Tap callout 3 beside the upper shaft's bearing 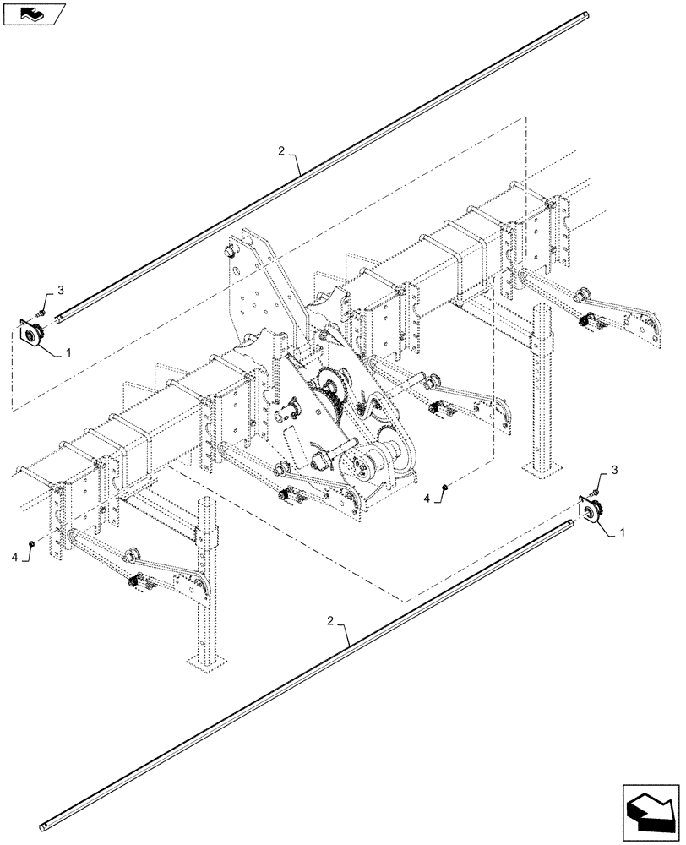[x=61, y=290]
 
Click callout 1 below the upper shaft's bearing [x=69, y=351]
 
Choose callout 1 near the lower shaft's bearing [x=623, y=533]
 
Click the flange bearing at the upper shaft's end [x=33, y=334]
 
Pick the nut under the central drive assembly [x=445, y=489]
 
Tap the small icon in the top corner [x=32, y=13]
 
